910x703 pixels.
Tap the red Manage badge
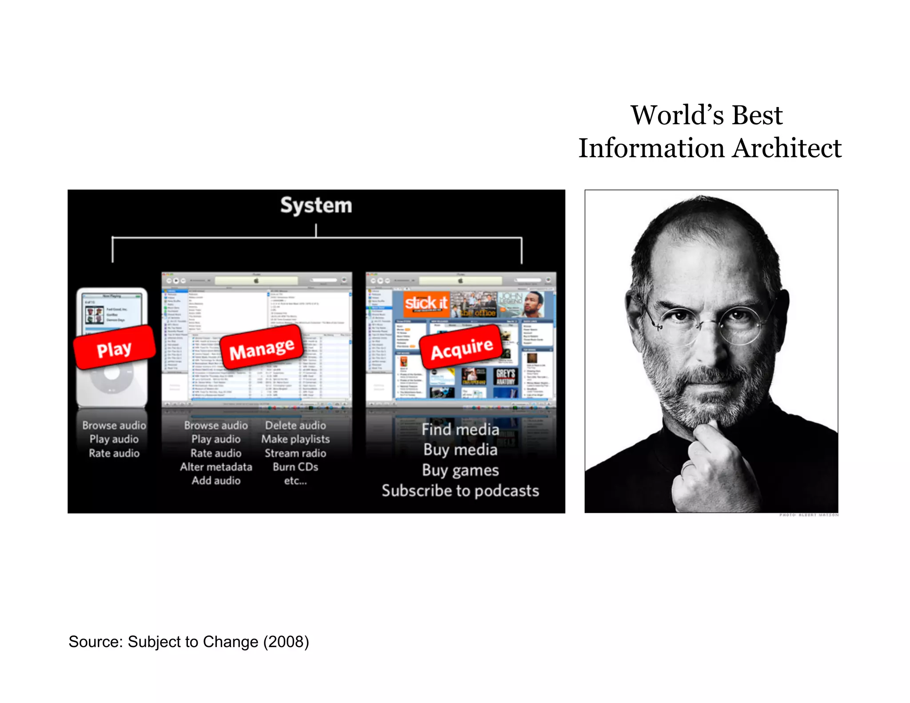click(262, 348)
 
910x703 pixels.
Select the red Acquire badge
click(462, 348)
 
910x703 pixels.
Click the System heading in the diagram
click(316, 205)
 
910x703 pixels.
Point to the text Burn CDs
click(295, 467)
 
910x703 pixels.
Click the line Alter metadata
click(216, 467)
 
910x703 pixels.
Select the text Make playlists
click(295, 439)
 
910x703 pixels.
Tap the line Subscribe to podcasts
click(460, 491)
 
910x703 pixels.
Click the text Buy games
click(460, 470)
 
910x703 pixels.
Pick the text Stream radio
click(295, 453)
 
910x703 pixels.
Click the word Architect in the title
click(787, 148)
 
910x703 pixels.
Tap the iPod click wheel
click(112, 378)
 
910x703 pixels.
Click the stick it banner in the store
click(426, 303)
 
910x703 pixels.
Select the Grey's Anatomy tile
click(506, 377)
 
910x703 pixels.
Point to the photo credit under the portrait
click(809, 515)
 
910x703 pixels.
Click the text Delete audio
click(295, 425)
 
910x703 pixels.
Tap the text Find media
click(460, 429)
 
